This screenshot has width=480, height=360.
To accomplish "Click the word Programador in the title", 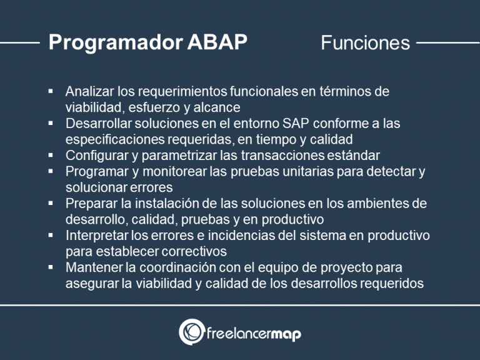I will pyautogui.click(x=115, y=42).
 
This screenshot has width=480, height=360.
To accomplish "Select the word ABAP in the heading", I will pyautogui.click(x=217, y=42).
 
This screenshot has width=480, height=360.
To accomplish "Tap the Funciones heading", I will pyautogui.click(x=365, y=42).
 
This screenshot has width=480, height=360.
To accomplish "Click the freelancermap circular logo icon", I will pyautogui.click(x=191, y=332).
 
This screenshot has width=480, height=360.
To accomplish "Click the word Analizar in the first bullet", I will pyautogui.click(x=88, y=91).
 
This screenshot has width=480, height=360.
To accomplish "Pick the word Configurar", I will pyautogui.click(x=94, y=155).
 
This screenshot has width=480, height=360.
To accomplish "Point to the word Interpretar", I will pyautogui.click(x=95, y=236).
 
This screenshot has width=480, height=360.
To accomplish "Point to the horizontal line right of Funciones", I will pyautogui.click(x=447, y=43).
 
